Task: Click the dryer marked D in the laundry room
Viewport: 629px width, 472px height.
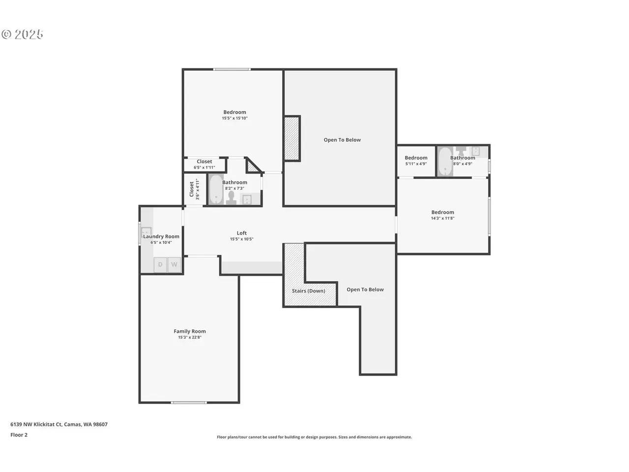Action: click(x=160, y=265)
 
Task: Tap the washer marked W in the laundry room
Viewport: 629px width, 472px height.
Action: click(x=174, y=265)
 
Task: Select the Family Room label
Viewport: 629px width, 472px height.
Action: click(x=190, y=331)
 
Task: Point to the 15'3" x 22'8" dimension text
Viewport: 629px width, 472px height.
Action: click(x=190, y=337)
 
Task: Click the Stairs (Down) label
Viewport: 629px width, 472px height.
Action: click(x=308, y=291)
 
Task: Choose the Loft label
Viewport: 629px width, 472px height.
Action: click(x=242, y=233)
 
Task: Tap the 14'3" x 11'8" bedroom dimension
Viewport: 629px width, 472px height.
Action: click(x=442, y=218)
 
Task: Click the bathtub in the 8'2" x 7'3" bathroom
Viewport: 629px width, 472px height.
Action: click(x=216, y=189)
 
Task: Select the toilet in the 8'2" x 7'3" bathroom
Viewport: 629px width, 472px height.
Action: click(x=231, y=198)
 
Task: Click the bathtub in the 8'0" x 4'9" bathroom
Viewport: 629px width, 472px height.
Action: click(x=445, y=162)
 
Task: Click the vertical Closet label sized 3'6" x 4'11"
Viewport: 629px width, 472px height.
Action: click(x=194, y=189)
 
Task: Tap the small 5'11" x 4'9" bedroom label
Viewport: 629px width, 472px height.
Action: click(x=416, y=160)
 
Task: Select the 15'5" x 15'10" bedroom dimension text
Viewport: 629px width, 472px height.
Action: click(x=235, y=118)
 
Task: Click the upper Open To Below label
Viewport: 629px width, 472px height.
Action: click(x=342, y=140)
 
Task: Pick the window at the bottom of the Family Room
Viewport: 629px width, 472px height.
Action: click(x=189, y=403)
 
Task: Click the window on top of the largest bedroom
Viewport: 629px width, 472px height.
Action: click(x=232, y=69)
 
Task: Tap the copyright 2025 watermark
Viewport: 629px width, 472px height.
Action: click(x=22, y=34)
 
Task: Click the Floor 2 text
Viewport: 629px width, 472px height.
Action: click(x=19, y=435)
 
